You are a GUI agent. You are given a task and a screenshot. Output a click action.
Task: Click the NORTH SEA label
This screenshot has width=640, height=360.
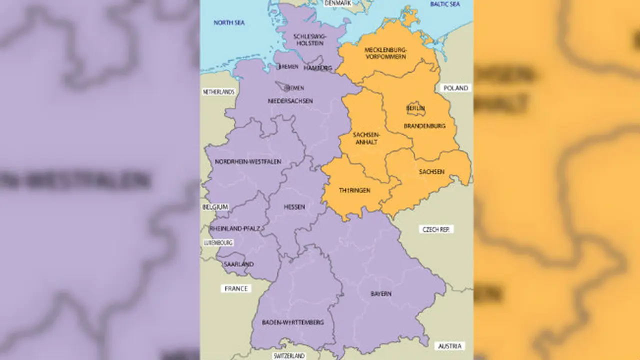pos(228,22)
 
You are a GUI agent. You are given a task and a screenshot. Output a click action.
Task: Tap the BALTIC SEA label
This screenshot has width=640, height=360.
pos(445,4)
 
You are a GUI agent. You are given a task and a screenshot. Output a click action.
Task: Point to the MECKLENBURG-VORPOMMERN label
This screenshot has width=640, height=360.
pos(385,53)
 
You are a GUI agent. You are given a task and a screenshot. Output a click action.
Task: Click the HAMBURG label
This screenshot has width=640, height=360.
pos(317,67)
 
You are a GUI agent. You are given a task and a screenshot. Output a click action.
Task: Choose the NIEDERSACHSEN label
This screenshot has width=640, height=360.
pos(290,101)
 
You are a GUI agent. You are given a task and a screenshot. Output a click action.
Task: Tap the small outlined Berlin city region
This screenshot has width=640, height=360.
pos(415,108)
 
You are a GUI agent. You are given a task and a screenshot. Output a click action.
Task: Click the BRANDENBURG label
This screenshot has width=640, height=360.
pos(424,126)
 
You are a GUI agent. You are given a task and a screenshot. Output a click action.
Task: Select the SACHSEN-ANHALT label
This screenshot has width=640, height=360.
pos(365,138)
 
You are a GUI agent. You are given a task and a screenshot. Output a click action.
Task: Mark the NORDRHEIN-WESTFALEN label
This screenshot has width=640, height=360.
pos(248,161)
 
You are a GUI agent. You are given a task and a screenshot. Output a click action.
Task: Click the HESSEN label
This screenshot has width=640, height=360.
pos(294,206)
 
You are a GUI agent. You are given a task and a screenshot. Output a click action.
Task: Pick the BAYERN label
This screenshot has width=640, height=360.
pos(381,293)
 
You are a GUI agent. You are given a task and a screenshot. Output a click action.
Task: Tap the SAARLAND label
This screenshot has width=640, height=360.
pos(239,264)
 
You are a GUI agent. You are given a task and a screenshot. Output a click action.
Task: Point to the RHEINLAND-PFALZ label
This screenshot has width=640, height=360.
pos(235,228)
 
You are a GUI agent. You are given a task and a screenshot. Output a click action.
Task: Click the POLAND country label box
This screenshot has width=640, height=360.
pos(455,88)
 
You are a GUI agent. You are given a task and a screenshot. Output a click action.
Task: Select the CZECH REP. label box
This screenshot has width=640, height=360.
pos(436,229)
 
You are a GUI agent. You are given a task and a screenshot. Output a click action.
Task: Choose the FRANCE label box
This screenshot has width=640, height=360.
pos(235,288)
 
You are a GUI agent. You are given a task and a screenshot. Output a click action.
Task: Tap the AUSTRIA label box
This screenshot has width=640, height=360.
pos(449,346)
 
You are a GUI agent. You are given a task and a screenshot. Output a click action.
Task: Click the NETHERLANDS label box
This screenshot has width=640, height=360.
pos(218,92)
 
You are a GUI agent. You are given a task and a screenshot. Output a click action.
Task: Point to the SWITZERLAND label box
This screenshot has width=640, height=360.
pos(288,356)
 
